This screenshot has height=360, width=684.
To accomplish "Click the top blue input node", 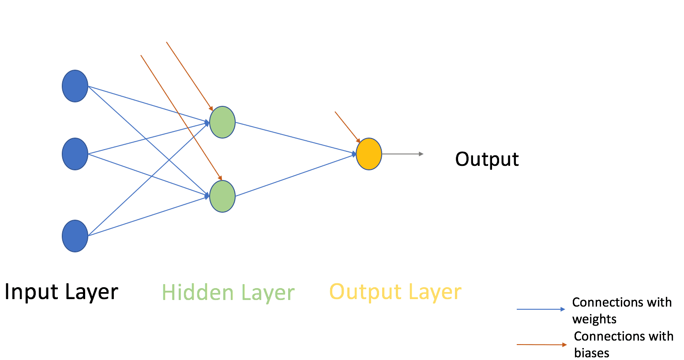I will pos(75,86).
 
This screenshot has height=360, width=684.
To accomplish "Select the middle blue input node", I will pos(75,154).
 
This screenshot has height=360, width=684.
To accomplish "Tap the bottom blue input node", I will pos(75,236).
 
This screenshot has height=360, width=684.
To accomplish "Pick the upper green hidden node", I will pos(222,122).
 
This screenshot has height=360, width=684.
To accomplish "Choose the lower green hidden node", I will pos(222,196).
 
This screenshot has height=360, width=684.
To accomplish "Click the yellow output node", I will pos(369,154).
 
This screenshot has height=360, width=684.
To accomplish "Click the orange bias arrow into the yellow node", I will pos(347,127).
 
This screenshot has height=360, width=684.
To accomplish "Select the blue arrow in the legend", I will pos(541,309).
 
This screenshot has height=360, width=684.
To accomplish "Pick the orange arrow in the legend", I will pos(541,345).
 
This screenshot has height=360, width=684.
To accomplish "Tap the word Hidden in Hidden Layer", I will pos(197,292).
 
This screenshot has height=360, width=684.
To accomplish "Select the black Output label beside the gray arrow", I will pos(487,159).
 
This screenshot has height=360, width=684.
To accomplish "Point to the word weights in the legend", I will pos(594,319).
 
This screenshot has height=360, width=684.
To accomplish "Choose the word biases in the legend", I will pos(591,353).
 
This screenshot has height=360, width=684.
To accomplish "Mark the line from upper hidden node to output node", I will pos(296,139).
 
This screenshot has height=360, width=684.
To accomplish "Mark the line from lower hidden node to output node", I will pos(296,176).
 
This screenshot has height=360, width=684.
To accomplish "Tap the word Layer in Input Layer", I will pos(91,292).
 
